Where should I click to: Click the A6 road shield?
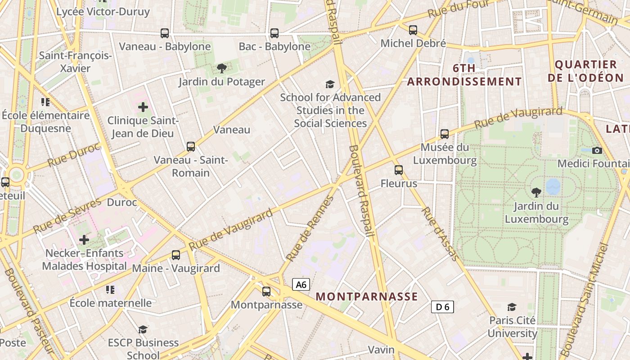(301, 284)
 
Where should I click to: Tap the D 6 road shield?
(442, 307)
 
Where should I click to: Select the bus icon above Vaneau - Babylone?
(165, 33)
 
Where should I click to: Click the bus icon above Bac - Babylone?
(274, 33)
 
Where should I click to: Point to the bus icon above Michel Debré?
(413, 30)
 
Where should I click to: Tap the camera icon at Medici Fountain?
(597, 150)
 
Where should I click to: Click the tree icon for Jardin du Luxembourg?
(536, 193)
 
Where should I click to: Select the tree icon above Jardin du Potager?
(221, 68)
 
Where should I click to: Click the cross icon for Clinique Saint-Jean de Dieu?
(143, 107)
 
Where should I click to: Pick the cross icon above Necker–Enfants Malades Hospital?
(84, 240)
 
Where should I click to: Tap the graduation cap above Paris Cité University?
(512, 307)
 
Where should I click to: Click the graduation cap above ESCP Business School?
(143, 329)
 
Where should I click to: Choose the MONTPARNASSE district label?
(367, 297)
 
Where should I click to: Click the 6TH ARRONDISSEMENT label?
(464, 75)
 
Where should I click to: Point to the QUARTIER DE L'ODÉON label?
(585, 71)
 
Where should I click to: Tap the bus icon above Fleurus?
(399, 170)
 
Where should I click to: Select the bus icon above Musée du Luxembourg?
(445, 134)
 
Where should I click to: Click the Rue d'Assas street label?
(440, 234)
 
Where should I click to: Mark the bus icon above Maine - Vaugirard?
(176, 255)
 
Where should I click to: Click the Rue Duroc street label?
(73, 154)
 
